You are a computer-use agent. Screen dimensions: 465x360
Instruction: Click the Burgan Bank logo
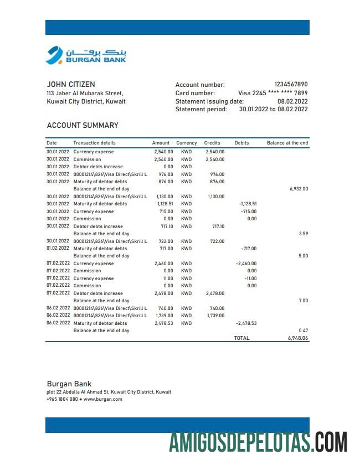(86, 55)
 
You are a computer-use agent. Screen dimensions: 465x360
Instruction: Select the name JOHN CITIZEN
(71, 85)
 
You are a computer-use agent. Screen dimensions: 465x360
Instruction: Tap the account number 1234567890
(291, 85)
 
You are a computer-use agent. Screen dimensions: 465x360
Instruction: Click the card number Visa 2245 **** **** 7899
(272, 93)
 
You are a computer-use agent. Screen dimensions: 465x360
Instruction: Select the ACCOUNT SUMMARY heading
(83, 125)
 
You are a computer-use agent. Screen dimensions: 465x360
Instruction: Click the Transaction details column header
(94, 143)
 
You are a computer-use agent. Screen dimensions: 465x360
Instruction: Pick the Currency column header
(187, 143)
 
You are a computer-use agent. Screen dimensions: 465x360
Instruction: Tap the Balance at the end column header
(287, 143)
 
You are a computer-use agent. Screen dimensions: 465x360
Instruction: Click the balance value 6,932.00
(299, 189)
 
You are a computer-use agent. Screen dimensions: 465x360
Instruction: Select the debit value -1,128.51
(247, 204)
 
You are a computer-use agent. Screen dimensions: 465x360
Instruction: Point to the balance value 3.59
(303, 234)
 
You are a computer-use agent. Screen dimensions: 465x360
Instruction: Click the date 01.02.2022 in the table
(58, 249)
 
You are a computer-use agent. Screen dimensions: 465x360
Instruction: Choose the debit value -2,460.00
(246, 263)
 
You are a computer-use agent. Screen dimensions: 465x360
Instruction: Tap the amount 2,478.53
(163, 323)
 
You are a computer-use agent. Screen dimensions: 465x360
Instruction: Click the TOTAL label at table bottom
(241, 338)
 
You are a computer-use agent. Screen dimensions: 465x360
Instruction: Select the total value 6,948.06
(298, 338)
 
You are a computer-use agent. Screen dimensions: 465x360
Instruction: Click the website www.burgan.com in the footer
(102, 399)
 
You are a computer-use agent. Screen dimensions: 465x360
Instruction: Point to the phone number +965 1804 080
(62, 399)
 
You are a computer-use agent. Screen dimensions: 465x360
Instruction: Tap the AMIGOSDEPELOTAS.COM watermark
(258, 443)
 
